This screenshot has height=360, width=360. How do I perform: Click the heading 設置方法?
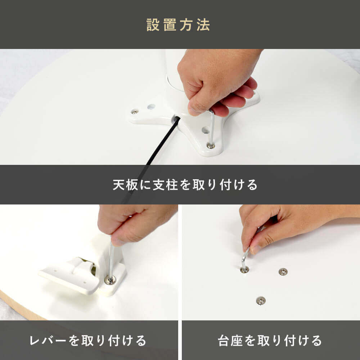point(178,25)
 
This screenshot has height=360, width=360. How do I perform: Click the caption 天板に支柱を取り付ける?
point(185,185)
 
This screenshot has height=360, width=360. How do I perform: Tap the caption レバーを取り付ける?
point(88,341)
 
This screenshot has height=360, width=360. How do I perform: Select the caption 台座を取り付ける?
point(270,341)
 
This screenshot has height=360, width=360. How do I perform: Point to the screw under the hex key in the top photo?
point(211,145)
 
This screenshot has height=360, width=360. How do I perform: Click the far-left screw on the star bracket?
point(135,112)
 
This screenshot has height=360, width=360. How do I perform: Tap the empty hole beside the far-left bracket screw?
point(151,107)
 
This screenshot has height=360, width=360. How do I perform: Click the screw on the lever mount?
point(110,280)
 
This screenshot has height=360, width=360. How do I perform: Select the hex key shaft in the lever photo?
point(111,262)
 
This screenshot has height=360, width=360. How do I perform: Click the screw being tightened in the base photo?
point(244,270)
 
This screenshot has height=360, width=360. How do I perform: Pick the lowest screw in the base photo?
point(261,301)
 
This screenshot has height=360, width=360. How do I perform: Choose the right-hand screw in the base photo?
point(283,272)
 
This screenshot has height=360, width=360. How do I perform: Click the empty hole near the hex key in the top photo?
point(205,130)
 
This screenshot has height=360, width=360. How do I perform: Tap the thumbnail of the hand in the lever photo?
point(117,242)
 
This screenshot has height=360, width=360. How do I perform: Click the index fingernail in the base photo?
point(255,250)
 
